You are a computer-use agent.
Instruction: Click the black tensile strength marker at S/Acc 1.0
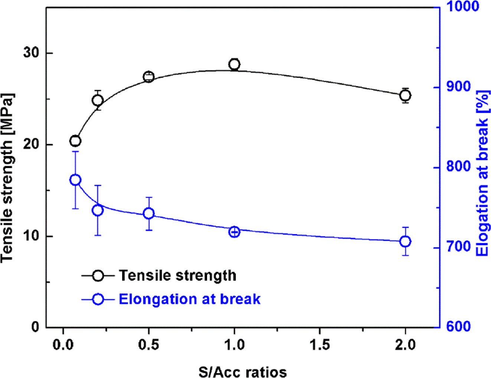coord(234,64)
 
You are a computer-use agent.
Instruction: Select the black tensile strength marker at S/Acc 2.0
coord(405,96)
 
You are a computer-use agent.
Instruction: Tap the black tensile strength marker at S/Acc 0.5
coord(149,77)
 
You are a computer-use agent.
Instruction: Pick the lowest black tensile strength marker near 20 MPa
coord(75,141)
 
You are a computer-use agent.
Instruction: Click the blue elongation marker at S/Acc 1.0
coord(234,232)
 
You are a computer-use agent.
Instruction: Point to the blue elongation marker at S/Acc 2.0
coord(405,242)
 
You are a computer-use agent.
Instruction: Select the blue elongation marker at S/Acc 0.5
coord(149,213)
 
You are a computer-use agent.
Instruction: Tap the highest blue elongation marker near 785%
coord(75,180)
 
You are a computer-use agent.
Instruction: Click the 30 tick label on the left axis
coord(31,53)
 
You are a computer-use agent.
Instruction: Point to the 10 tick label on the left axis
coord(31,236)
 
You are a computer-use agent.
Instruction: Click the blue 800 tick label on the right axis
coord(458,167)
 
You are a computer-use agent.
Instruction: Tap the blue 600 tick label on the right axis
coord(458,327)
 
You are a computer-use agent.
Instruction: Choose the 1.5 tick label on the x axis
coord(320,345)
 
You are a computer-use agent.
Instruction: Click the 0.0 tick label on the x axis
coord(63,345)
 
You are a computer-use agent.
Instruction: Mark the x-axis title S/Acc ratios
coord(243,372)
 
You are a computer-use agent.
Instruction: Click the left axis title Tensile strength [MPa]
coord(7,178)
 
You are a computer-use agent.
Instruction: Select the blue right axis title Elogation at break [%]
coord(482,173)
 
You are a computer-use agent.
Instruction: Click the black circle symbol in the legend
coord(98,275)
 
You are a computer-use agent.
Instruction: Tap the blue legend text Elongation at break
coord(189,299)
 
